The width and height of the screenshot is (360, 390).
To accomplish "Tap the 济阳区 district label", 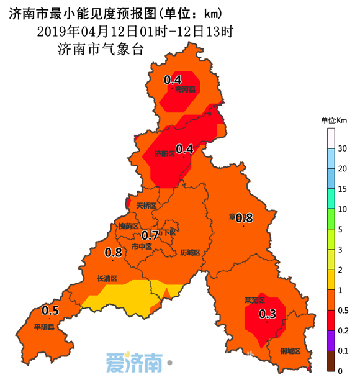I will click(163, 155).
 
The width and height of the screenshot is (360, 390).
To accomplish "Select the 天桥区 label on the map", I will click(146, 205).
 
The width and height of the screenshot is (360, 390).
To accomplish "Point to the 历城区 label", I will click(190, 253).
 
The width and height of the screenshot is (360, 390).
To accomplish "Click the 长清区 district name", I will click(107, 279).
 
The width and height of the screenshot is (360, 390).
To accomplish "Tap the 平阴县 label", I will click(44, 327).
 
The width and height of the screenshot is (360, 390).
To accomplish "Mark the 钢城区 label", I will click(290, 351).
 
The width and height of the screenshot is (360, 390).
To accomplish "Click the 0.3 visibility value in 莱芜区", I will click(268, 313).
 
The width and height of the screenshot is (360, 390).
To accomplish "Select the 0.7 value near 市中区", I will click(150, 235).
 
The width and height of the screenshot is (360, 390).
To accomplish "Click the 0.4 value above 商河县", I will click(172, 79).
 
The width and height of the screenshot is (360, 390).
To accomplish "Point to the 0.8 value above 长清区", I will click(113, 253).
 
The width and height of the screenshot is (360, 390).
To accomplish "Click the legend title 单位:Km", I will click(333, 120).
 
